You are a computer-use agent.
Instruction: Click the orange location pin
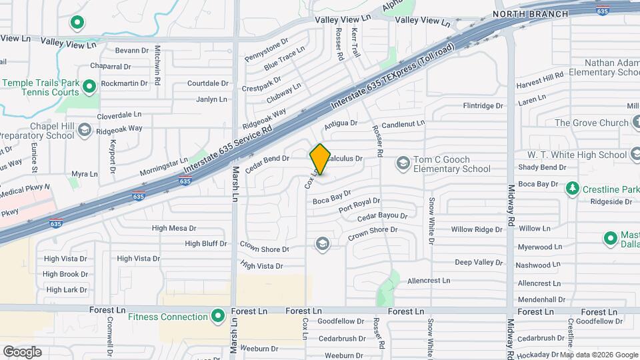pyautogui.click(x=320, y=159)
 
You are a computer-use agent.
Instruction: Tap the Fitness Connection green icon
pyautogui.click(x=218, y=316)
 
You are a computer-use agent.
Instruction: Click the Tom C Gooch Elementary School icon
pyautogui.click(x=403, y=163)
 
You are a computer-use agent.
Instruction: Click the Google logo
pyautogui.click(x=22, y=352)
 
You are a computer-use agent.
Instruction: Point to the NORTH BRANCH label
pyautogui.click(x=530, y=14)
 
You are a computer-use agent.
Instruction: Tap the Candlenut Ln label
pyautogui.click(x=403, y=124)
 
